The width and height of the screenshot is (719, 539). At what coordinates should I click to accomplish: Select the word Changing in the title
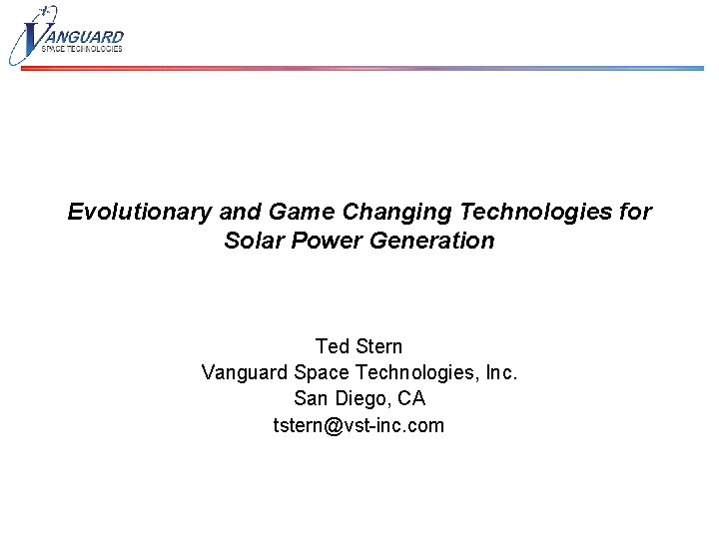[x=367, y=213]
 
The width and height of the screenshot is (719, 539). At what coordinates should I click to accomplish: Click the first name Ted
[x=332, y=346]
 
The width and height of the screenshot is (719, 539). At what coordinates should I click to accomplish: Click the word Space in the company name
[x=322, y=373]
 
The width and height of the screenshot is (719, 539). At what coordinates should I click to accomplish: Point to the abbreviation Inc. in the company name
[x=498, y=373]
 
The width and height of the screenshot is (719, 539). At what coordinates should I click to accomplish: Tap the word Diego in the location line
[x=361, y=399]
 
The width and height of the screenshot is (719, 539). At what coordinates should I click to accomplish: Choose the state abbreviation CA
[x=410, y=399]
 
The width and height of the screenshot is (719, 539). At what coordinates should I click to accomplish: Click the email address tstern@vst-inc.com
[x=359, y=426]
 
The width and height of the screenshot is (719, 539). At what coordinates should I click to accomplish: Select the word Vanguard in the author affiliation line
[x=246, y=373]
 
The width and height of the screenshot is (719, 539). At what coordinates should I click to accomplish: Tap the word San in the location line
[x=311, y=399]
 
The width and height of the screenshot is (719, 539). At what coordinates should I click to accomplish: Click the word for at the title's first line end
[x=634, y=213]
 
